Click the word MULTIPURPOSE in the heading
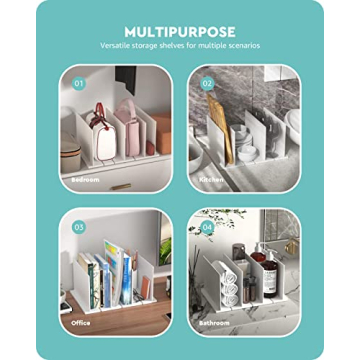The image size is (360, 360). click(x=179, y=31)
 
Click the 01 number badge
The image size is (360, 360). click(x=79, y=83)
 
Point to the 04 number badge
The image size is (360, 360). click(x=208, y=227)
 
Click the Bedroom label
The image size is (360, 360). click(x=85, y=180)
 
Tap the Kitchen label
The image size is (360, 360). click(x=211, y=180)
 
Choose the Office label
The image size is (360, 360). click(x=80, y=322)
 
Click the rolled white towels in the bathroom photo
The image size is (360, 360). click(x=227, y=285)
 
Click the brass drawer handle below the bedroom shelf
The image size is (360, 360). click(x=121, y=185)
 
